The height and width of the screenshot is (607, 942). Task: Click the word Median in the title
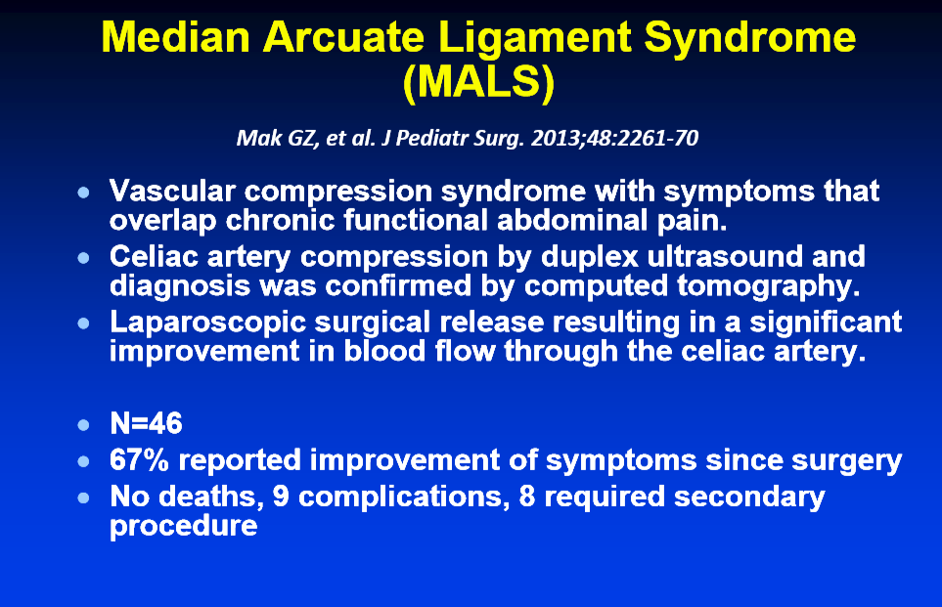click(x=175, y=38)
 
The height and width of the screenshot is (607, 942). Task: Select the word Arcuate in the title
click(x=343, y=38)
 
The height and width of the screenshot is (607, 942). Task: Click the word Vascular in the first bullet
click(x=172, y=192)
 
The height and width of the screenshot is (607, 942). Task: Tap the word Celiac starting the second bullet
click(x=154, y=257)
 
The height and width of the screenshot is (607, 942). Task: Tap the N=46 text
click(x=146, y=424)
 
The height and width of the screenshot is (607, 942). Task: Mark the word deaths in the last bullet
click(x=212, y=498)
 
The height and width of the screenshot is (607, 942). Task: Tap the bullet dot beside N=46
click(x=84, y=425)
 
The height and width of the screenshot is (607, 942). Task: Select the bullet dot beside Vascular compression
click(x=84, y=193)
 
